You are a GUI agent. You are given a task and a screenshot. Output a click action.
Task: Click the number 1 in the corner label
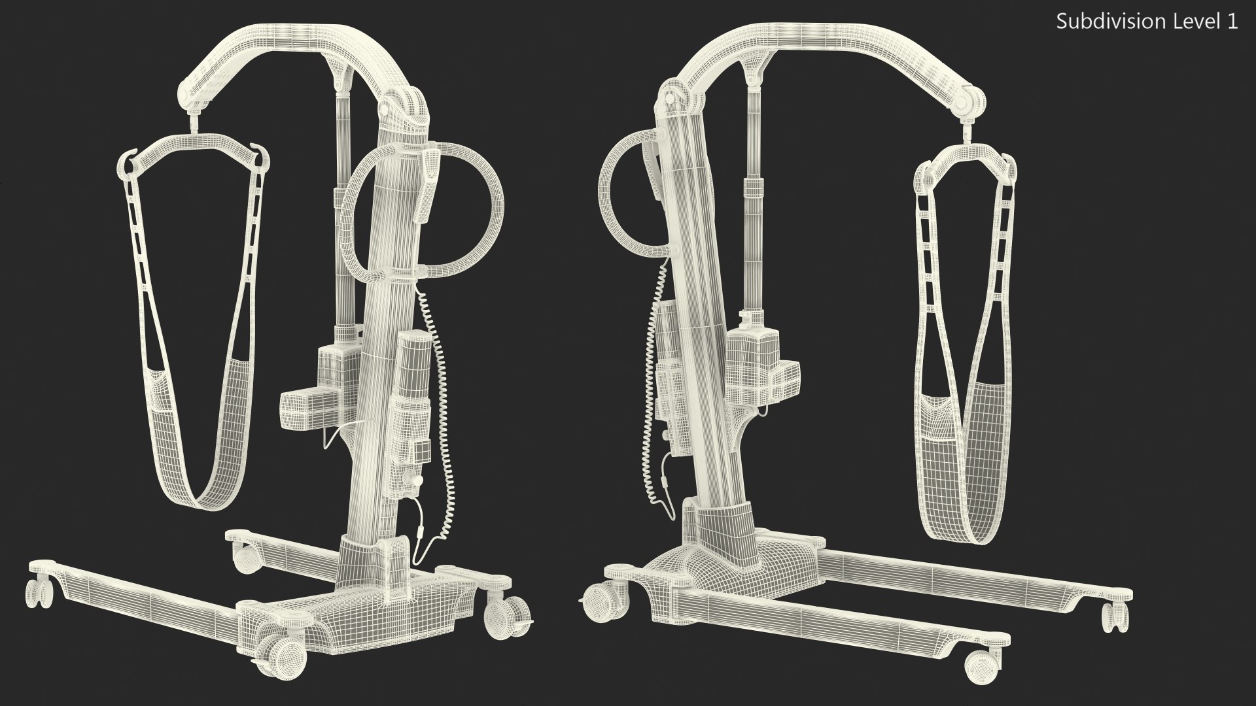[x=1232, y=22]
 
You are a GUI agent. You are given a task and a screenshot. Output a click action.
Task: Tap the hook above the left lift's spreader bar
[x=194, y=123]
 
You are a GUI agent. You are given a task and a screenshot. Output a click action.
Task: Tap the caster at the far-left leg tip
[x=39, y=595]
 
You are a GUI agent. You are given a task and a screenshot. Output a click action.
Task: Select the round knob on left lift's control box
[x=413, y=481]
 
